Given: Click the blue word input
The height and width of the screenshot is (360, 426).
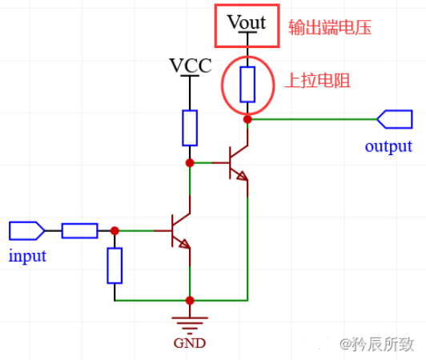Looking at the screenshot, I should [27, 256].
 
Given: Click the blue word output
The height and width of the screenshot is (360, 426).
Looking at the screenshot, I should [388, 146].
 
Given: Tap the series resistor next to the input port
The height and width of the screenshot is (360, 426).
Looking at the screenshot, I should [79, 231].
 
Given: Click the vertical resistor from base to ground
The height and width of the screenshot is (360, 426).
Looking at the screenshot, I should [115, 266].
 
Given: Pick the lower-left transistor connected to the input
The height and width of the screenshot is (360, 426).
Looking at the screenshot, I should [180, 231].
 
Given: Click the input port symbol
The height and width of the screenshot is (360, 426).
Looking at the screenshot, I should [26, 231].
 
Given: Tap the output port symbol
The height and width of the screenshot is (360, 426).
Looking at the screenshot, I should [394, 119].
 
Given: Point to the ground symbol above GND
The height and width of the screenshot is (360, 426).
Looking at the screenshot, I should [190, 322].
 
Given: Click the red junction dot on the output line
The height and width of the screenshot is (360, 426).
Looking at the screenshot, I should [247, 119].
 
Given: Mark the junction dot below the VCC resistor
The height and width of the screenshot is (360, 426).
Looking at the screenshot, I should [190, 162].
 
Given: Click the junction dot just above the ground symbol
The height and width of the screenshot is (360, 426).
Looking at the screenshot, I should [190, 301].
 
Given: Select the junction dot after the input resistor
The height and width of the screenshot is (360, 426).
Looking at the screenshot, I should [115, 230].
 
